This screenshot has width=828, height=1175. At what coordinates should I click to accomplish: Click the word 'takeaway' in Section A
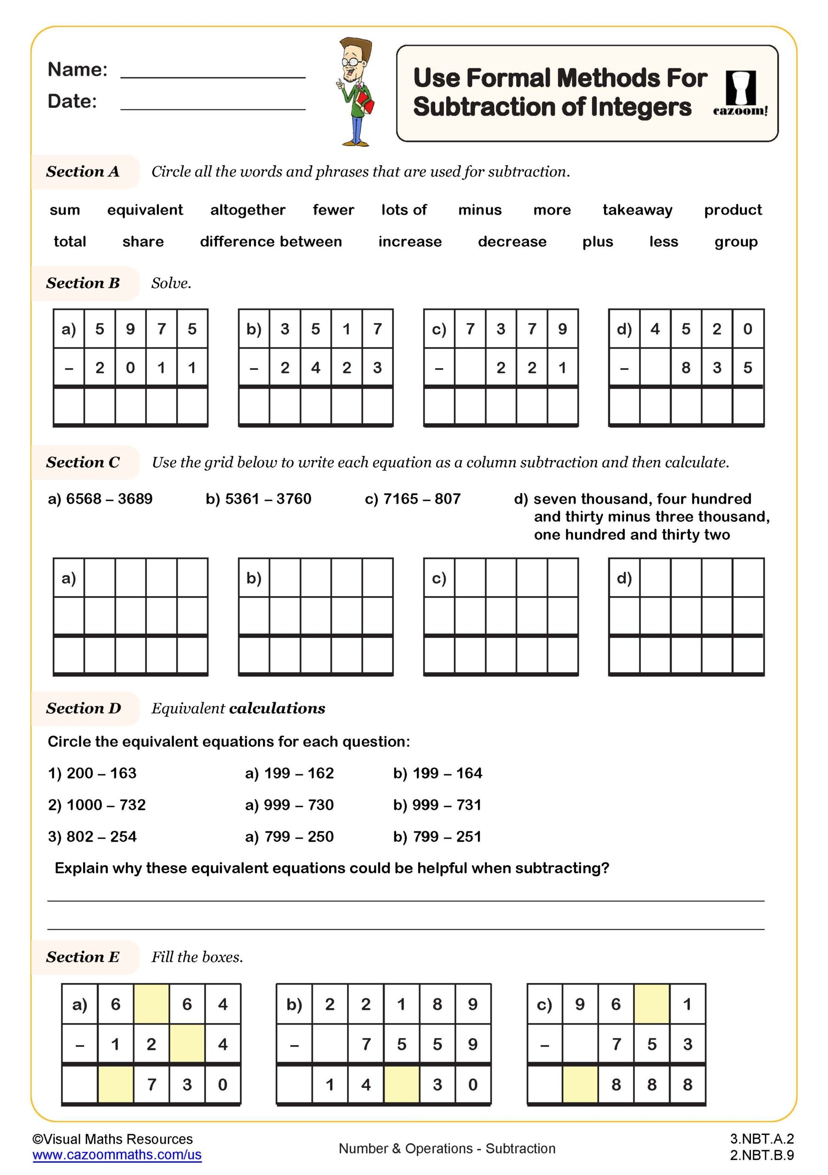point(637,210)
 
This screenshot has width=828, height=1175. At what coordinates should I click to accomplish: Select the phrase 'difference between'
point(271,241)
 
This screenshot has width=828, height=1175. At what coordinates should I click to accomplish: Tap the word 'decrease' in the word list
point(512,241)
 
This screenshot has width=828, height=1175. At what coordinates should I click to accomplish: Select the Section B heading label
point(83,283)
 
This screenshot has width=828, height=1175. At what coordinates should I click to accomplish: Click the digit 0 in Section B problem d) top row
point(747,329)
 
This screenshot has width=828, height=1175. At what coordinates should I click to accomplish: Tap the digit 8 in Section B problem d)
point(686,368)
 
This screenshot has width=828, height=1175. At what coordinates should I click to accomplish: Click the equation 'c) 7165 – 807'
point(413,498)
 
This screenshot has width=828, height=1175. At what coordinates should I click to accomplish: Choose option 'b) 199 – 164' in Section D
point(437,773)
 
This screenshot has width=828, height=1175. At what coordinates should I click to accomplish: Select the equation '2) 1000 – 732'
point(97,805)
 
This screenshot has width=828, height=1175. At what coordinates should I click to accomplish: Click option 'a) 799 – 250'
point(289,836)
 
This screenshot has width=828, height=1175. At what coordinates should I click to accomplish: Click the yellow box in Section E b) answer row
point(401,1084)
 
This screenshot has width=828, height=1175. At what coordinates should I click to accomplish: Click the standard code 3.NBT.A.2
point(761,1139)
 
